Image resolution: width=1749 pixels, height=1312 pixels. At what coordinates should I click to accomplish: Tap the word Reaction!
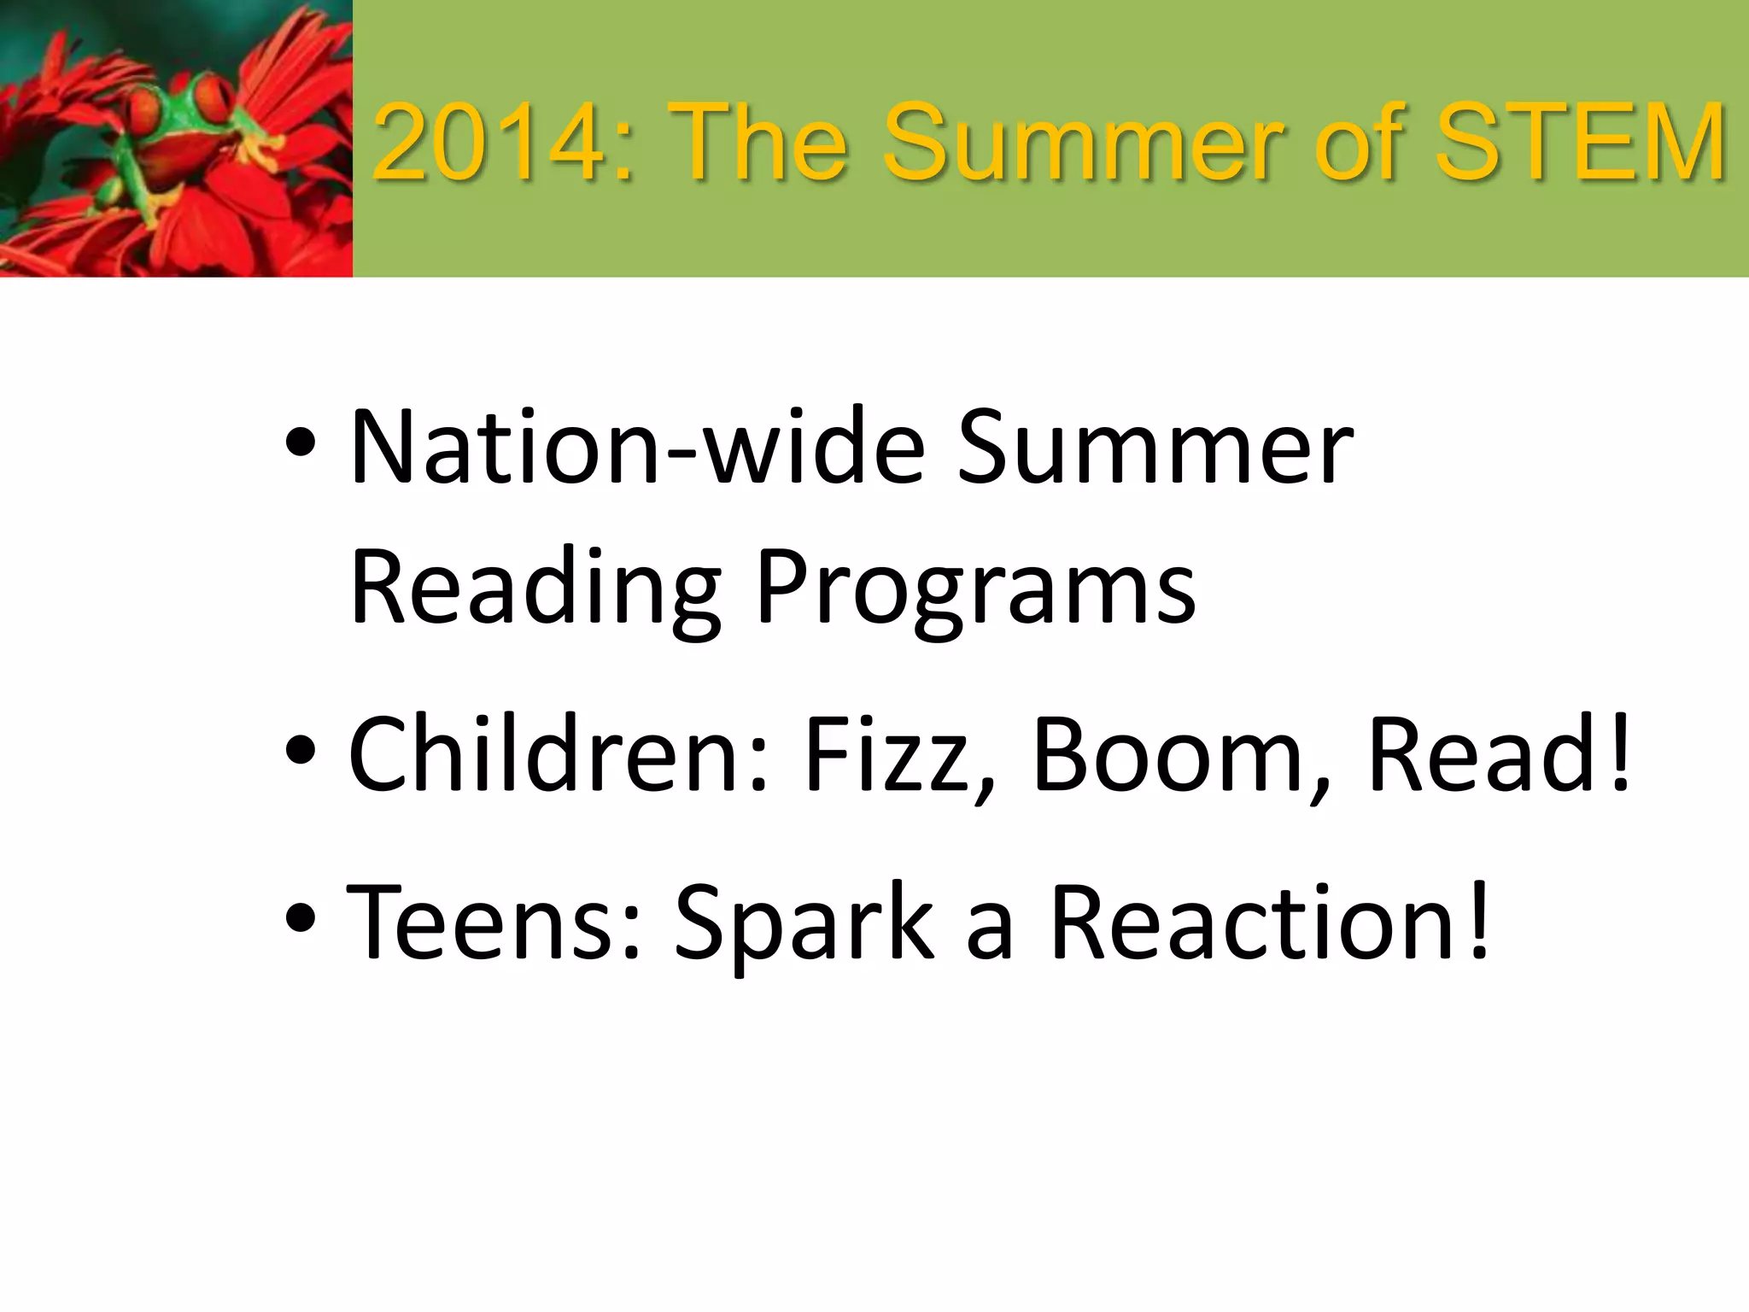point(1271,922)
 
